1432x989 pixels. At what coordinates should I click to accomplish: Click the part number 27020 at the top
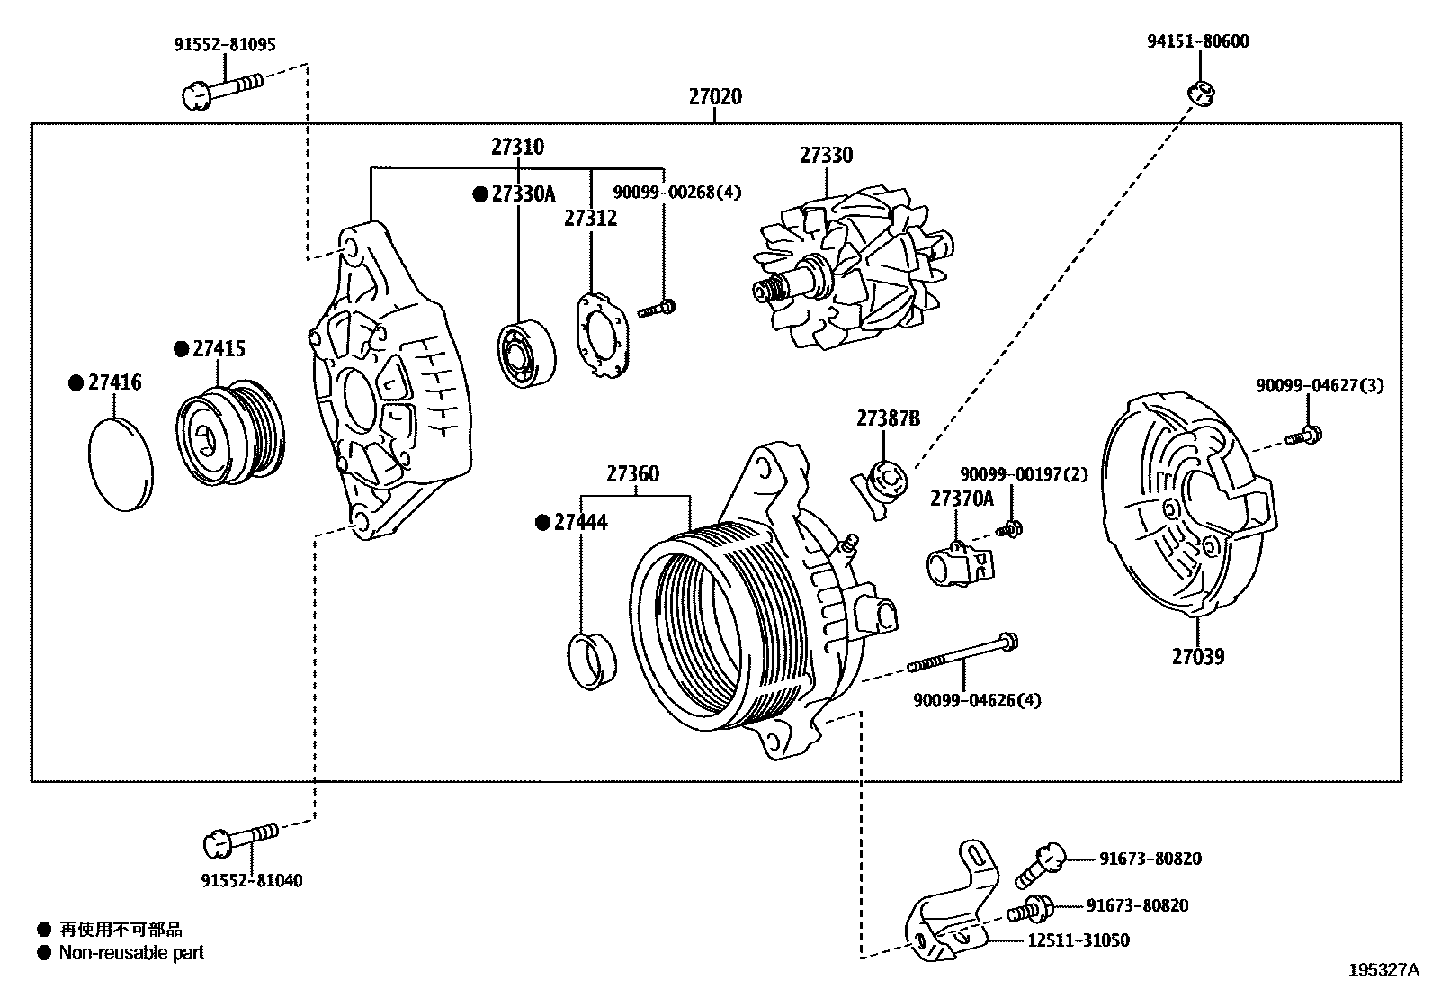(715, 96)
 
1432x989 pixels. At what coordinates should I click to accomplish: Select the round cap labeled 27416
(121, 463)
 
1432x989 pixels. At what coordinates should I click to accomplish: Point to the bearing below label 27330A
(526, 354)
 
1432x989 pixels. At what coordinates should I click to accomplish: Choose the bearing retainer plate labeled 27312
(601, 332)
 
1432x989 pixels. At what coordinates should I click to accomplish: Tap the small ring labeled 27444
(593, 661)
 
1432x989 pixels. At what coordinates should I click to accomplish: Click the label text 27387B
(888, 418)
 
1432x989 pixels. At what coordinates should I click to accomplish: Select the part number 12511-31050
(1078, 940)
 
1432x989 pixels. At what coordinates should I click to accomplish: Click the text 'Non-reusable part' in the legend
(131, 952)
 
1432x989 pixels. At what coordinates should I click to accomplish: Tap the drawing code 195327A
(1383, 969)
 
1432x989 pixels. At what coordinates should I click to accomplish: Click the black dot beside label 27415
(181, 348)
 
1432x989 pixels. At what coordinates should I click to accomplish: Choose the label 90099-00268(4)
(677, 192)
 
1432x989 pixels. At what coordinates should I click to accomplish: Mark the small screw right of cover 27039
(1302, 436)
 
